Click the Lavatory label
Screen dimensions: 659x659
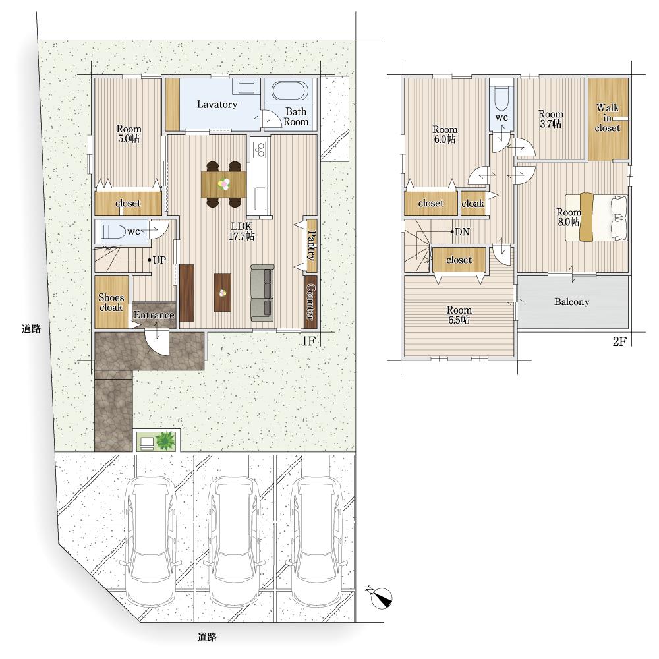[x=217, y=104]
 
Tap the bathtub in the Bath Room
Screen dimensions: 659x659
[x=290, y=91]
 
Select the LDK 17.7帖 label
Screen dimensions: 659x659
[x=241, y=231]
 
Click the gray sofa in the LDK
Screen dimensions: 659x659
[x=263, y=293]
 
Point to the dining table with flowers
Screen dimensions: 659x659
[x=223, y=185]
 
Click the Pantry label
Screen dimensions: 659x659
[x=312, y=245]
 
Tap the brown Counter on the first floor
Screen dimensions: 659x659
[x=310, y=302]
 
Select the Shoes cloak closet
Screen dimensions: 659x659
[x=111, y=302]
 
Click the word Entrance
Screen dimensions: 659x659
[x=154, y=315]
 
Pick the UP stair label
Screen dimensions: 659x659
[x=159, y=260]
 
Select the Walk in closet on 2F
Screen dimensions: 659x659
[x=608, y=119]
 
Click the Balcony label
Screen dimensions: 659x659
[x=571, y=302]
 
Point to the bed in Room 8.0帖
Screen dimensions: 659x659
[x=596, y=217]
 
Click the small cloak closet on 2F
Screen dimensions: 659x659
[x=473, y=204]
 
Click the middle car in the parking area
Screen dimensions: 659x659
[x=234, y=540]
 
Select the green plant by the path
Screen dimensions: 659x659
[x=165, y=441]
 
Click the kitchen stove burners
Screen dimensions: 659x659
[x=259, y=150]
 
